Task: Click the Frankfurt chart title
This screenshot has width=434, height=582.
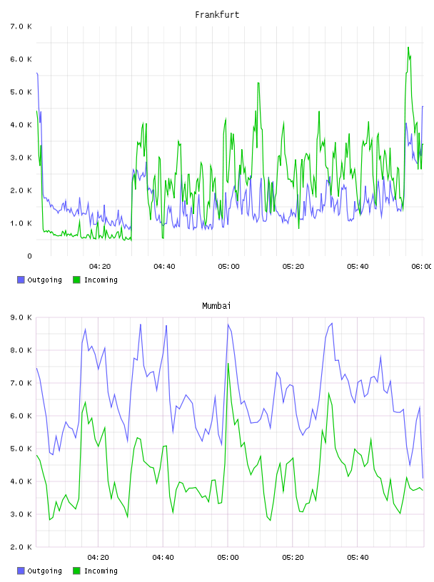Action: pyautogui.click(x=217, y=15)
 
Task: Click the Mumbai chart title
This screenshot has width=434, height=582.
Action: pyautogui.click(x=216, y=306)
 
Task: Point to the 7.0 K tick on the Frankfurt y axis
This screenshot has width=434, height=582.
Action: pyautogui.click(x=21, y=26)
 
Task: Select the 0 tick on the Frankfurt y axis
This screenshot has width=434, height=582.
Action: pyautogui.click(x=29, y=256)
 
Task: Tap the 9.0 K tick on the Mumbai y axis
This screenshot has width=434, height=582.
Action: pyautogui.click(x=21, y=317)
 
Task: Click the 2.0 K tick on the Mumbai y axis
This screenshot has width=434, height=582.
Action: pyautogui.click(x=21, y=547)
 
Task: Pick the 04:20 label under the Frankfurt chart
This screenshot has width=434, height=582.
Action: pyautogui.click(x=100, y=267)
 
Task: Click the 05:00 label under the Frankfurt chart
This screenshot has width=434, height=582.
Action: pyautogui.click(x=229, y=267)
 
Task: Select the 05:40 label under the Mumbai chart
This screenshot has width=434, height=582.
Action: pyautogui.click(x=358, y=558)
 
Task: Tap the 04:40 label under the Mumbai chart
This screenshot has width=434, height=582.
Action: pyautogui.click(x=163, y=558)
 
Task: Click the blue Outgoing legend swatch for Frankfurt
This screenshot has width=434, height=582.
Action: pyautogui.click(x=21, y=280)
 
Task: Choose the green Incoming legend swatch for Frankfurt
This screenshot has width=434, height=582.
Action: pyautogui.click(x=76, y=280)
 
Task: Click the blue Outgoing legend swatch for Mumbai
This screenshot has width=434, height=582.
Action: pyautogui.click(x=21, y=571)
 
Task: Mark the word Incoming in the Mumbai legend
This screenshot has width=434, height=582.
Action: pyautogui.click(x=101, y=571)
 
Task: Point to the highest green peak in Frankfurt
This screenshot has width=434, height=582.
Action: pyautogui.click(x=408, y=48)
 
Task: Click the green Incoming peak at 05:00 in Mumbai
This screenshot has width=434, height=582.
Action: pyautogui.click(x=228, y=363)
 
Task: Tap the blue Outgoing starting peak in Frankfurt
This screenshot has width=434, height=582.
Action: pyautogui.click(x=37, y=73)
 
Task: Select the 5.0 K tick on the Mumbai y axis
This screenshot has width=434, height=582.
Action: pyautogui.click(x=21, y=449)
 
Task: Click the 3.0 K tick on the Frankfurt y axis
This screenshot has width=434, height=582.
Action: pyautogui.click(x=21, y=158)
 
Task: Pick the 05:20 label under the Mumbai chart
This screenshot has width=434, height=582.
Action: pyautogui.click(x=293, y=558)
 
